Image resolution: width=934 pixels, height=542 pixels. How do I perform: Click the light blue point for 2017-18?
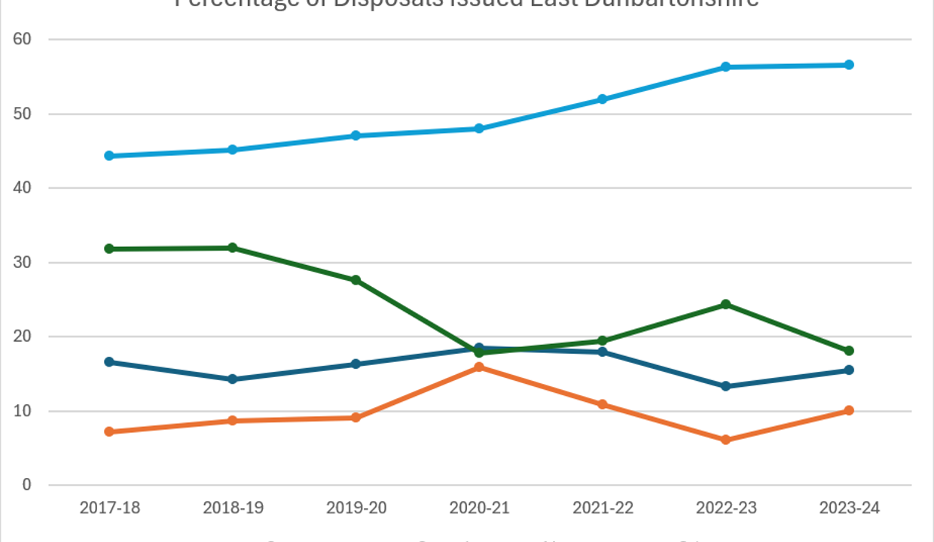(109, 156)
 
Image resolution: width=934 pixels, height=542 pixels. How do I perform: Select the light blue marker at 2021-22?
(603, 99)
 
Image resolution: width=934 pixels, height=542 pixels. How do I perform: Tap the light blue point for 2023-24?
(849, 65)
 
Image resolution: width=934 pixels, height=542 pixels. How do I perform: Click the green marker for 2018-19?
(233, 248)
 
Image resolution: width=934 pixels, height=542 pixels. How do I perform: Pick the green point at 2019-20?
(356, 280)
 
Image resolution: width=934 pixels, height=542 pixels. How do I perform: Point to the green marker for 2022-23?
(725, 304)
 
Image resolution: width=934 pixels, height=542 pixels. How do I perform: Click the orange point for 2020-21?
(479, 367)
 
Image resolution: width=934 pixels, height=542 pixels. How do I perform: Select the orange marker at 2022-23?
(725, 440)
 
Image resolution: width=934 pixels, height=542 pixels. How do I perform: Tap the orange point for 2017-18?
(109, 431)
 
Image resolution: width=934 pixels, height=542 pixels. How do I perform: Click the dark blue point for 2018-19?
(233, 379)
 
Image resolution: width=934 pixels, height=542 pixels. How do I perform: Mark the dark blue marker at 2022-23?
(725, 386)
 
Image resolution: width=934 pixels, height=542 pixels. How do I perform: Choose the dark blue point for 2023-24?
(849, 370)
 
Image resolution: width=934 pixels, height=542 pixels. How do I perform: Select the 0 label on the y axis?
(27, 485)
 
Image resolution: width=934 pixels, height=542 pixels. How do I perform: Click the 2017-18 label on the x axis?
(109, 508)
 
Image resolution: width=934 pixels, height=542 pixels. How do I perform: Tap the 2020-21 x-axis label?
(479, 508)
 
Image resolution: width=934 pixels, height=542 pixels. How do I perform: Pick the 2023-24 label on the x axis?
(849, 508)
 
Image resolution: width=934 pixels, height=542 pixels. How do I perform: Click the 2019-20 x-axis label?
(356, 508)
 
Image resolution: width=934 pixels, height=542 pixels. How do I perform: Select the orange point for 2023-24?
(849, 410)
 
